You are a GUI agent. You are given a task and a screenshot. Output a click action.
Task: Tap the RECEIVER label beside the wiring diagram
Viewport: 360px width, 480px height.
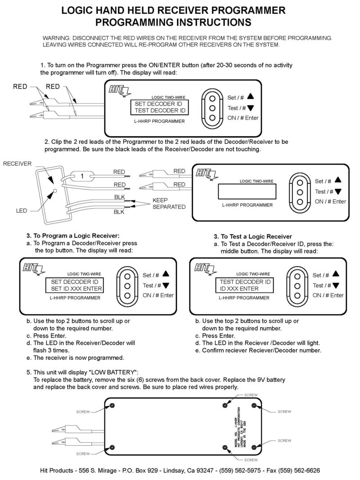click(x=17, y=164)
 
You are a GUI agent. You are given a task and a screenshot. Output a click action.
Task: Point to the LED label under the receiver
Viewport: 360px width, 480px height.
click(x=21, y=210)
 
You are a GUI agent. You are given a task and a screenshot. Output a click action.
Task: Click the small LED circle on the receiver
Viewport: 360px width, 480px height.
click(x=54, y=191)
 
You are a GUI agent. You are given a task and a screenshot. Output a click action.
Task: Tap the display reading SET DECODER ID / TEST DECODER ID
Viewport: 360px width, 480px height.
click(x=159, y=107)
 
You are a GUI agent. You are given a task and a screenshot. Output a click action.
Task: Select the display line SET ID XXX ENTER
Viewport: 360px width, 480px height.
click(x=76, y=288)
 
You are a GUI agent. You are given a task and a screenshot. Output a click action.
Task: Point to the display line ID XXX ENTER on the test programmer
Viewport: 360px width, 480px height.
click(x=239, y=288)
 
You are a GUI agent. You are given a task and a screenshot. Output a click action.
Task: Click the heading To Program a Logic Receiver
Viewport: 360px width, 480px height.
click(x=72, y=235)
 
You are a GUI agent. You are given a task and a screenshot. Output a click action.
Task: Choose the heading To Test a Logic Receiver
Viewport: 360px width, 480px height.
click(x=253, y=236)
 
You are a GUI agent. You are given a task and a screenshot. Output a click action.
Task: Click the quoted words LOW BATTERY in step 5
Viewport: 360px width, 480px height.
click(x=113, y=372)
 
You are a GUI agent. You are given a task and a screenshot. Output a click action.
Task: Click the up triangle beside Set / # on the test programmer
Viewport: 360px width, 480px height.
click(x=336, y=274)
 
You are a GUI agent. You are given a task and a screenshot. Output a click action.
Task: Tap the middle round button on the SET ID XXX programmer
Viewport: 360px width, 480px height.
click(x=128, y=286)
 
